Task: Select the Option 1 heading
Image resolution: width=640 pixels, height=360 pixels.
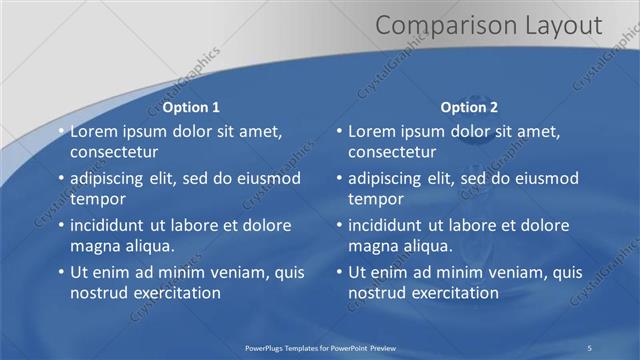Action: pyautogui.click(x=191, y=107)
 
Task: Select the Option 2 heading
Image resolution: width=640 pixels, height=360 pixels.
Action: pyautogui.click(x=469, y=107)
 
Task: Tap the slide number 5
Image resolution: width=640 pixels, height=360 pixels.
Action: pyautogui.click(x=590, y=347)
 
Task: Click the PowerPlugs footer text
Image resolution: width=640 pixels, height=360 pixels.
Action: pyautogui.click(x=320, y=347)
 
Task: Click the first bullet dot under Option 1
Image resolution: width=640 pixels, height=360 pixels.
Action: pyautogui.click(x=61, y=132)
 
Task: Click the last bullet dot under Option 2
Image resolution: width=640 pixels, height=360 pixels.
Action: pyautogui.click(x=339, y=272)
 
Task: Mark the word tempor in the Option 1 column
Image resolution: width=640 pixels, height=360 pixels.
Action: pyautogui.click(x=94, y=199)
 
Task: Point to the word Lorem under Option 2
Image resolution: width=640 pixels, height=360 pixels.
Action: pyautogui.click(x=372, y=132)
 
